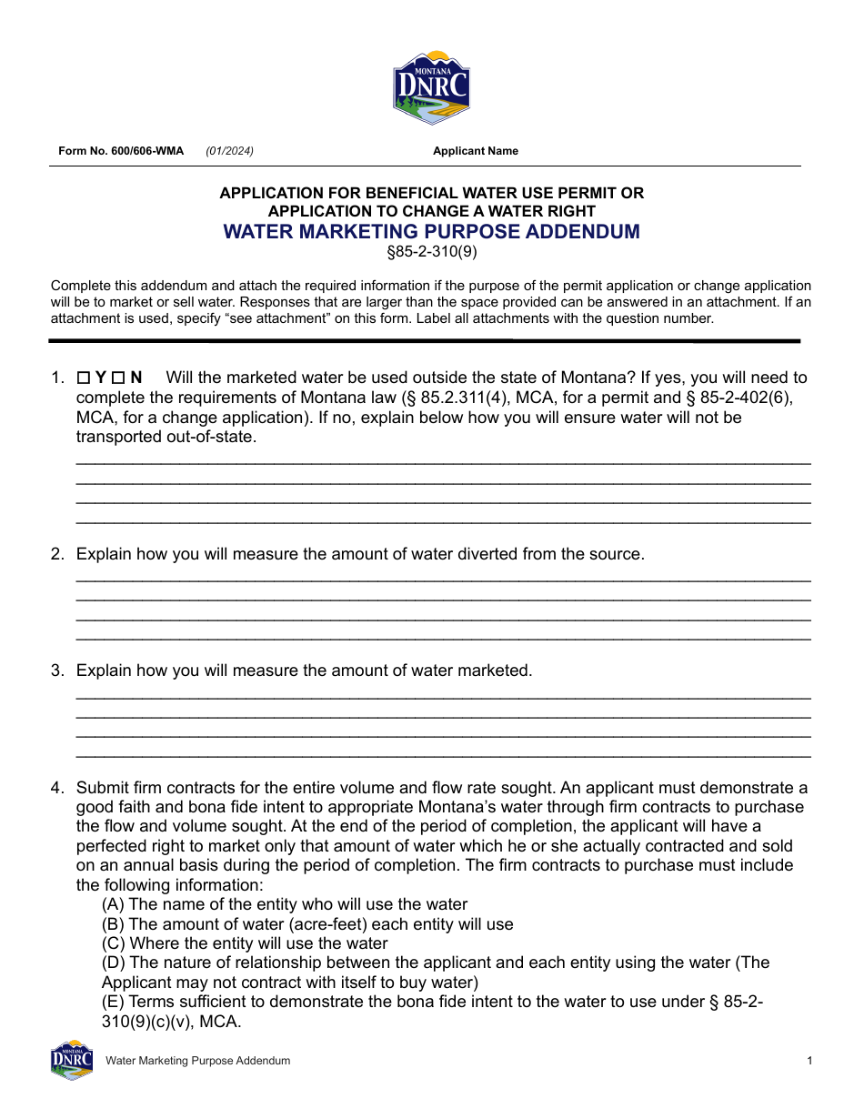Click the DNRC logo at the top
tap(431, 87)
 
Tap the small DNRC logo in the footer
tap(72, 1060)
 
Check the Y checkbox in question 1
tap(83, 378)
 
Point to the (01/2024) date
tap(229, 151)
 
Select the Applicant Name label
tap(475, 151)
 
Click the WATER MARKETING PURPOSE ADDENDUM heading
tap(431, 231)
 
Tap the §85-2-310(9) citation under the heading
tap(431, 249)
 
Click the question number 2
tap(56, 554)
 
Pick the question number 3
tap(56, 670)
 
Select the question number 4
tap(56, 788)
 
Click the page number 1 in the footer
tap(809, 1061)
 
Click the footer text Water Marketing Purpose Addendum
tap(197, 1061)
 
